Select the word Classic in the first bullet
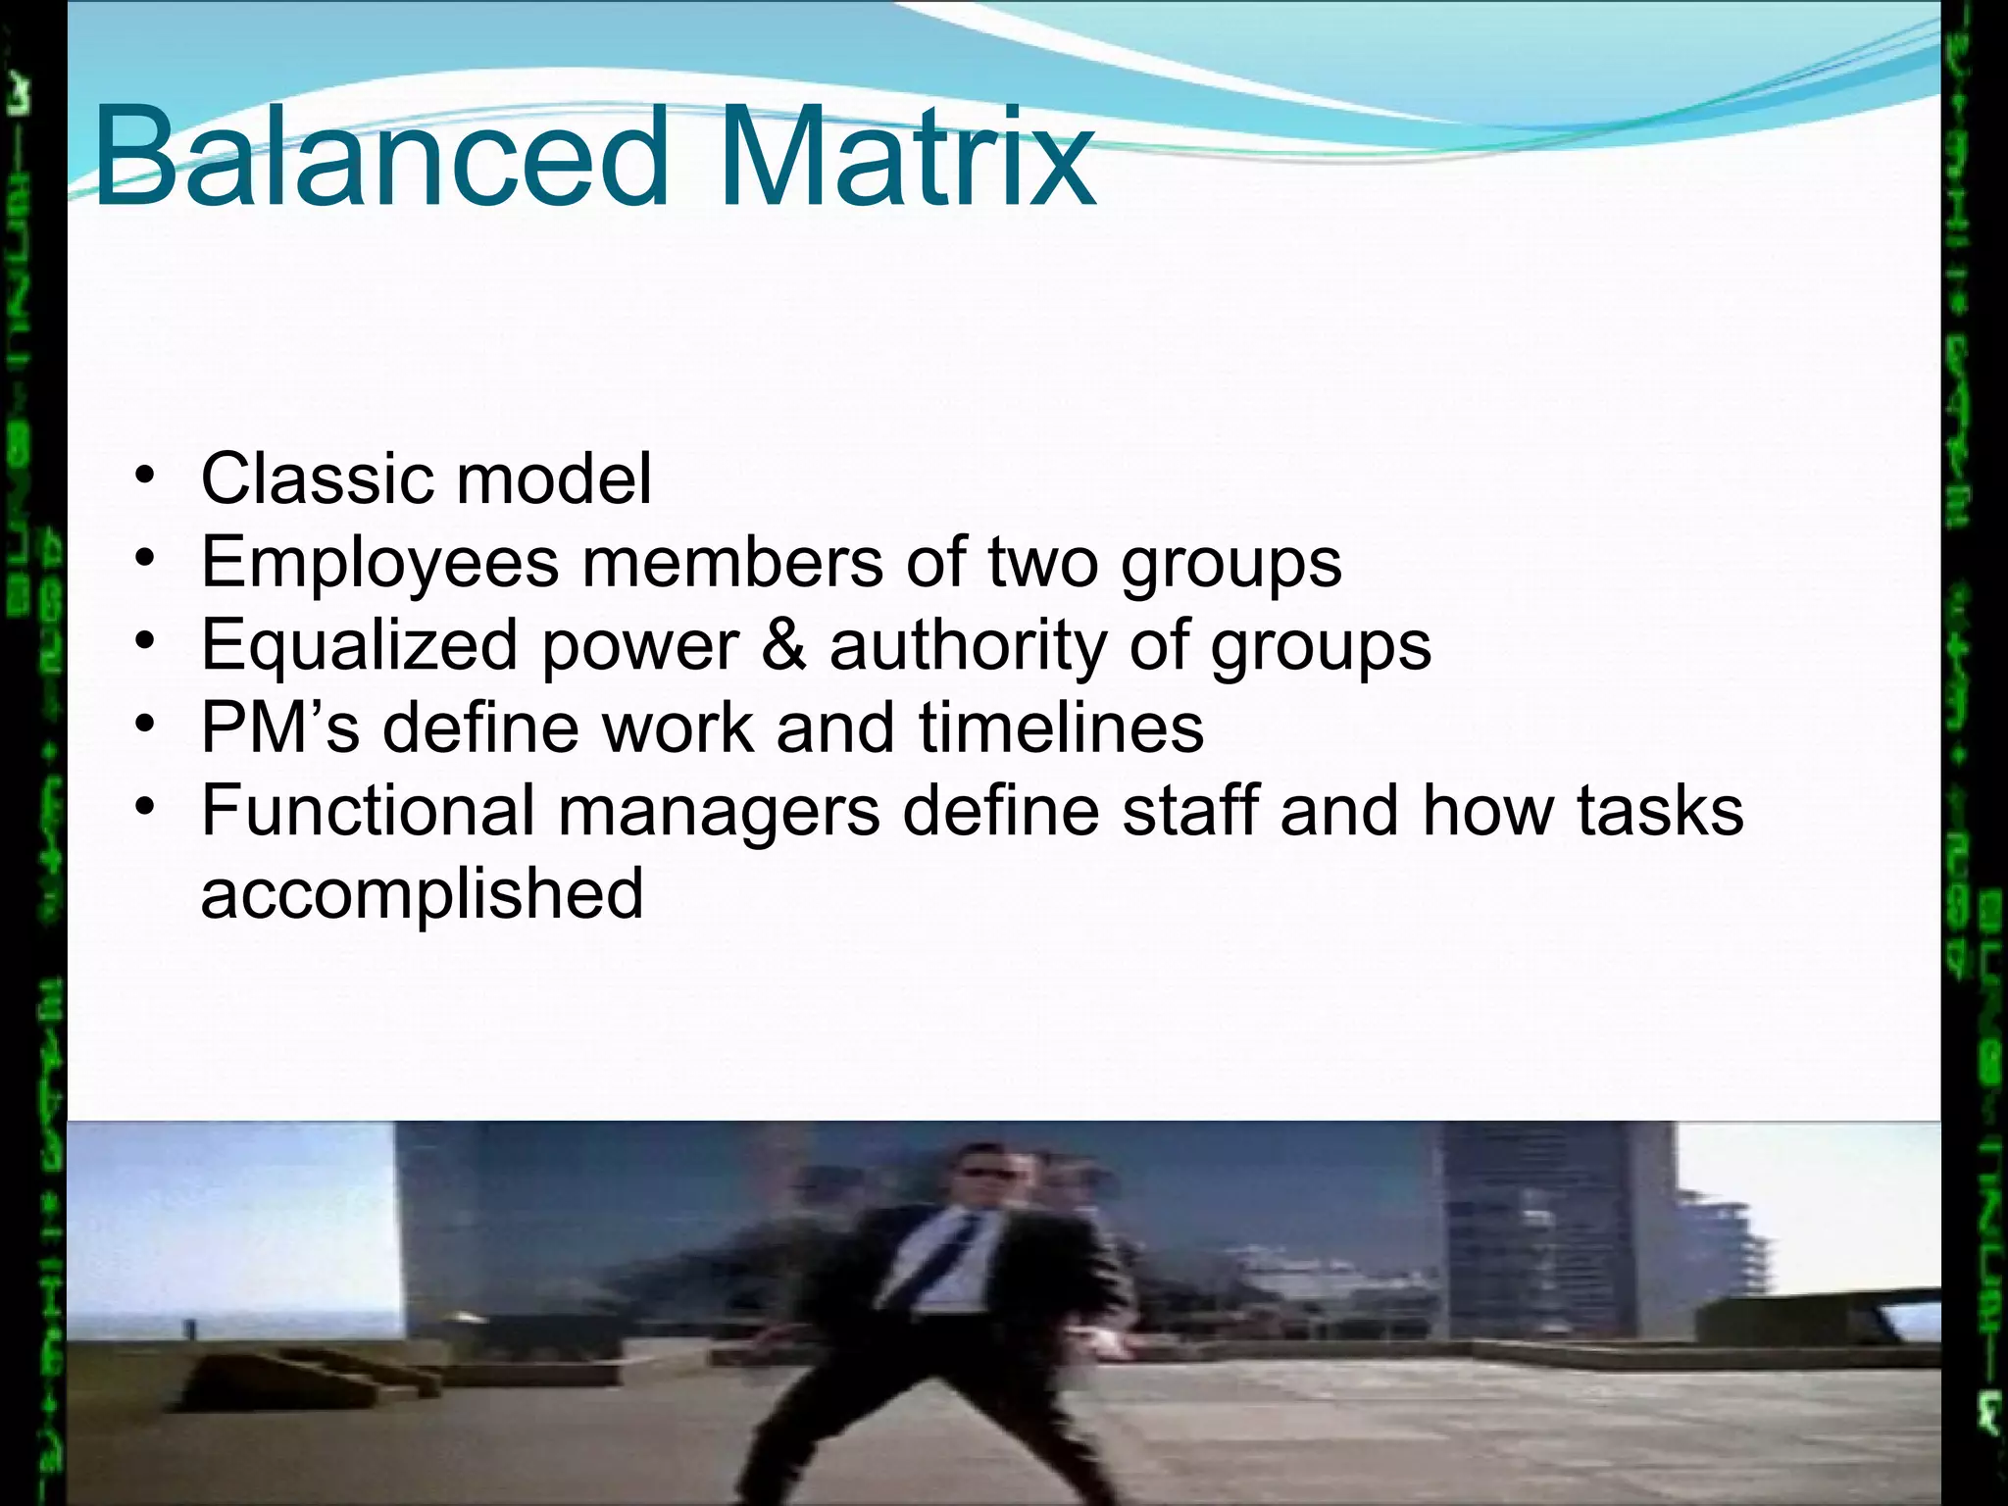point(317,478)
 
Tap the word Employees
point(379,564)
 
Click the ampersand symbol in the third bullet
point(783,645)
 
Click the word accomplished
point(422,894)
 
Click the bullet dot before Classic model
point(145,477)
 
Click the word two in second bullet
point(1042,564)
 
